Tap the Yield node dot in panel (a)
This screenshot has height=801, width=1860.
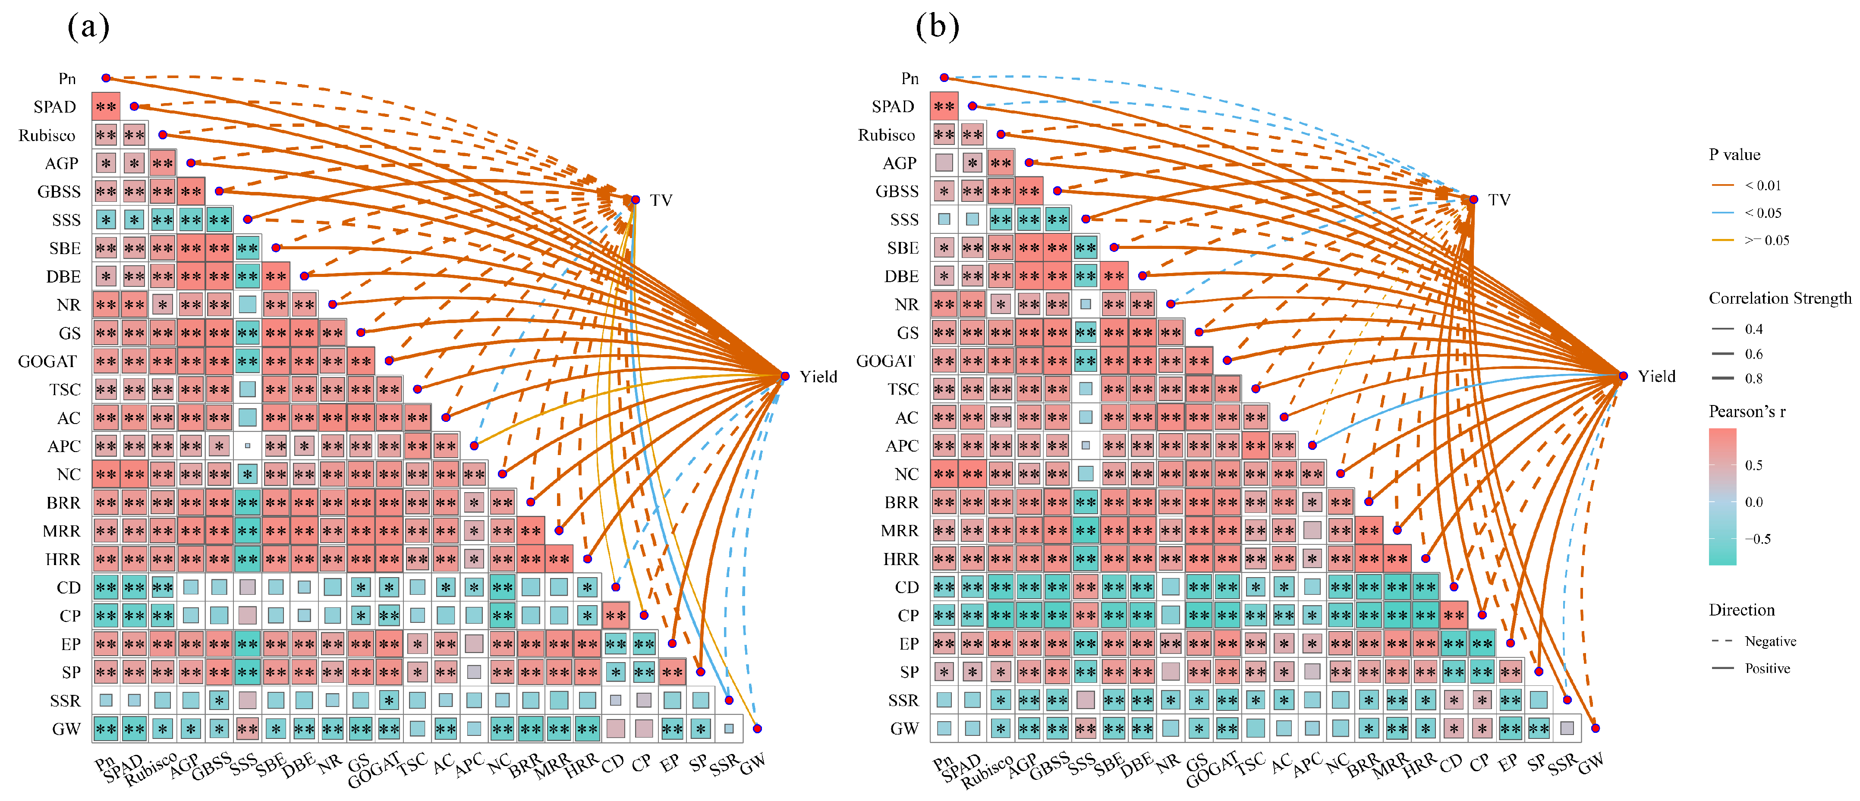click(x=785, y=376)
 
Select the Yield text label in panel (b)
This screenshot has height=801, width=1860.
click(x=1656, y=376)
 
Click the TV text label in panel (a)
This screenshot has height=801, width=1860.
click(x=661, y=200)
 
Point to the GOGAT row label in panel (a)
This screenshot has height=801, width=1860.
click(x=47, y=361)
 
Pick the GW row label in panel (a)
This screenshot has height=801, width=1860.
click(x=66, y=729)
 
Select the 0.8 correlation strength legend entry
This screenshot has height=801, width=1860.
click(x=1753, y=379)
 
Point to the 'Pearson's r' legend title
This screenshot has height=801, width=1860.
click(x=1747, y=411)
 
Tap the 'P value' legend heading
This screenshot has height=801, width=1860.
click(x=1734, y=154)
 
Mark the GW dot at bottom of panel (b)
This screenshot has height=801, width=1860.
click(x=1595, y=728)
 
